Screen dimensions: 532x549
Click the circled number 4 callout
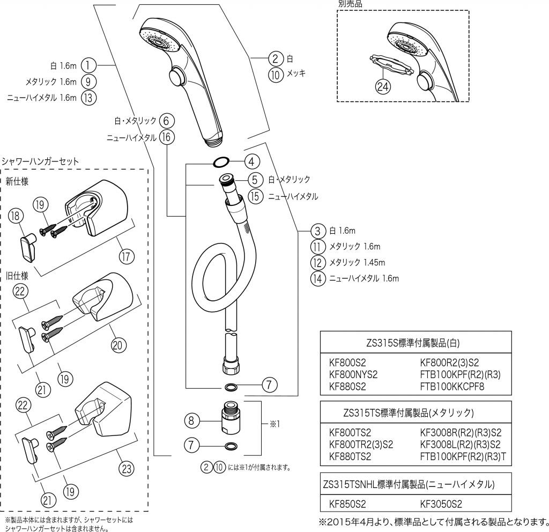pos(253,160)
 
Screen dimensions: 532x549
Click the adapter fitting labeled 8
pos(230,420)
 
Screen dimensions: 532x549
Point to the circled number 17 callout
pos(127,257)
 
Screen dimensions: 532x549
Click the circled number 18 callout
pos(17,216)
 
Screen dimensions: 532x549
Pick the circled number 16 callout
pos(167,137)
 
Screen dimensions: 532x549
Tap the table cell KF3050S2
pos(441,504)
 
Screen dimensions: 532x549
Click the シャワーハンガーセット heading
pos(41,160)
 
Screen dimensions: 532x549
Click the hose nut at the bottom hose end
pos(230,367)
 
